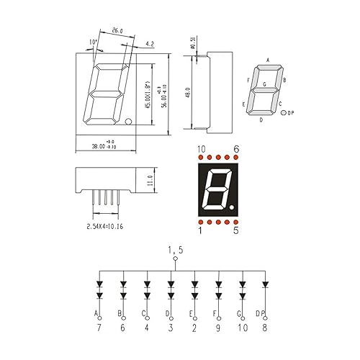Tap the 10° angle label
pyautogui.click(x=93, y=42)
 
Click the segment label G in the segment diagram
pyautogui.click(x=265, y=85)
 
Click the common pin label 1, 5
pyautogui.click(x=175, y=249)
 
